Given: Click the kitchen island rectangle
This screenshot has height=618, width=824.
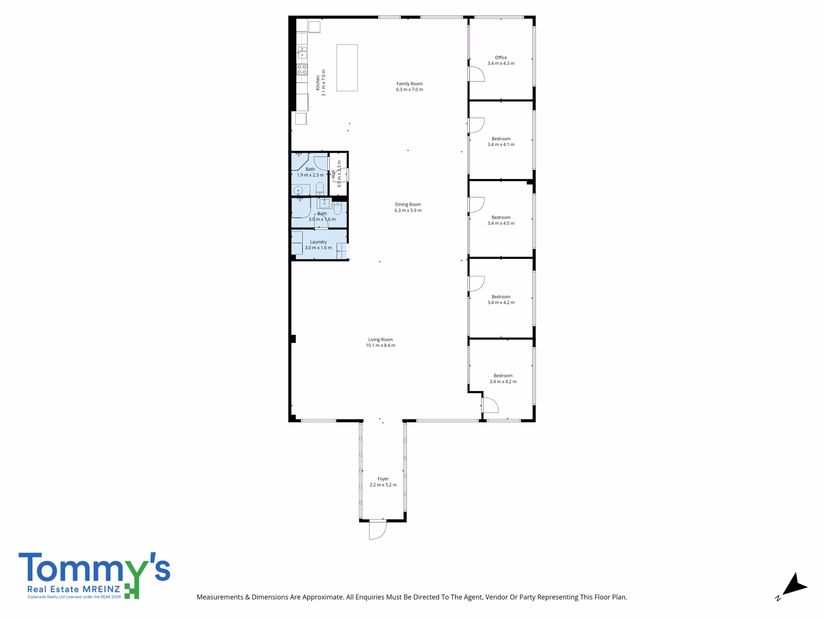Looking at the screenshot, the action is pos(347,68).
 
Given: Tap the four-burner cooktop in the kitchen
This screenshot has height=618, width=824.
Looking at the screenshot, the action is pos(302,69).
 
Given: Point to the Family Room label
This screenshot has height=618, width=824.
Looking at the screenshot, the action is pos(409,83).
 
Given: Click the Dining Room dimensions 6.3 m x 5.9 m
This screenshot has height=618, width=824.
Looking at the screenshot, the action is pos(408,211).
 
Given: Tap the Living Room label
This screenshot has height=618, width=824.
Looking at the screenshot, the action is pos(380,339).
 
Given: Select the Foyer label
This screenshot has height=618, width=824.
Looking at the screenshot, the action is pos(383,479).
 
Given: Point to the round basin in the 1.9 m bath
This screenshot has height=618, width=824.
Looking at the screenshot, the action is pos(298,191).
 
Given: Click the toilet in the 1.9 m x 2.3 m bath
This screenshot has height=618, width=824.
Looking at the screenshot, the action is pos(320,189).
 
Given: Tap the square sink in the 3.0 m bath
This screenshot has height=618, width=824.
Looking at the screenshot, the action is pos(324,203).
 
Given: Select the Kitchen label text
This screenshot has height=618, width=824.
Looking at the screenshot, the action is pos(318,83).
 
